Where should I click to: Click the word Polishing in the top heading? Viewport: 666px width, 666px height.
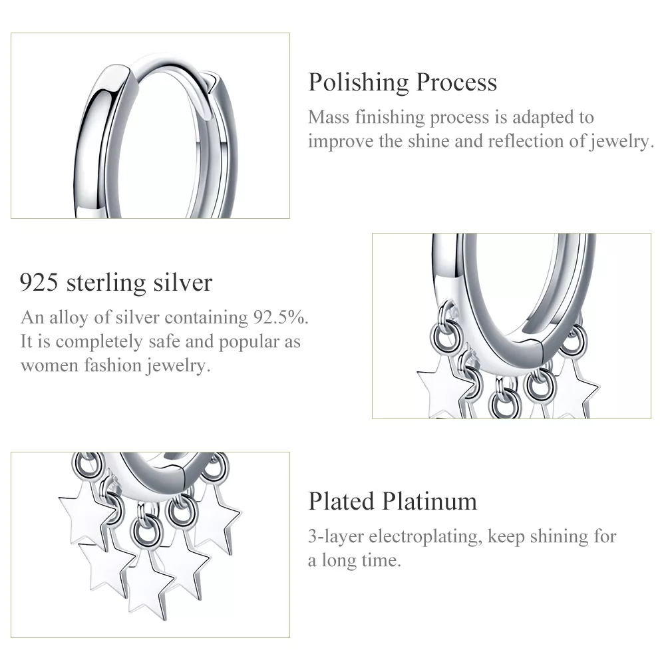(x=359, y=83)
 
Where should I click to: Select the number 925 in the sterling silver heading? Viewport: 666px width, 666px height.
(x=39, y=283)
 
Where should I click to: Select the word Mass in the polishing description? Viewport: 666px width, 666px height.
(x=329, y=117)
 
